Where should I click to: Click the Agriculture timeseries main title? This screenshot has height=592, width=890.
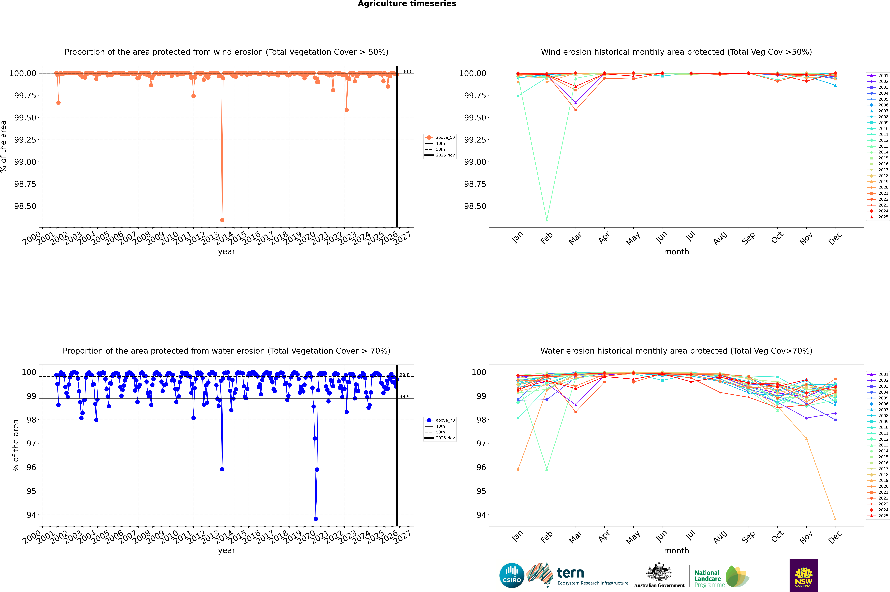[407, 4]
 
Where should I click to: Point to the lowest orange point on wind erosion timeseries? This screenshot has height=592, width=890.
[222, 220]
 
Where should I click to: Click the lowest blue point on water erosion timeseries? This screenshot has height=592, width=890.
[316, 519]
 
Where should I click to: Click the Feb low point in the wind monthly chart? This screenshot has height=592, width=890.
[547, 220]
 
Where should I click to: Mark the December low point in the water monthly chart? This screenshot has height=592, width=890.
[835, 519]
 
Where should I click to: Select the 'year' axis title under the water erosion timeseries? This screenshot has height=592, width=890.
[226, 550]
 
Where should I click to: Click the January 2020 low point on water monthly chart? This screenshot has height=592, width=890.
[518, 469]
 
